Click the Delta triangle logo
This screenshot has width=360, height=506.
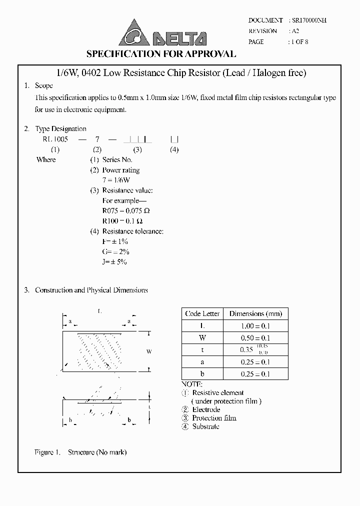click(x=133, y=33)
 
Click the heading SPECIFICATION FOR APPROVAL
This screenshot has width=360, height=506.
click(x=161, y=54)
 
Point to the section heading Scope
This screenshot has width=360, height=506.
click(x=43, y=86)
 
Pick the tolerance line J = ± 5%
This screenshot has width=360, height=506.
click(x=114, y=262)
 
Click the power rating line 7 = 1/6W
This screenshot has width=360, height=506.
click(x=116, y=180)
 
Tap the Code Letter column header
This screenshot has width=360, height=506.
click(x=202, y=314)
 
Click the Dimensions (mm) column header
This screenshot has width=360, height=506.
click(x=255, y=314)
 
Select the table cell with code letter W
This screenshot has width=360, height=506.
click(x=202, y=338)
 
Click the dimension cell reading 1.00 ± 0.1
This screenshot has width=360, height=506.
click(x=255, y=326)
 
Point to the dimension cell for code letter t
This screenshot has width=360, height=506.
click(x=255, y=350)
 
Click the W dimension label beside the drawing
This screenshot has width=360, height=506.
click(x=149, y=352)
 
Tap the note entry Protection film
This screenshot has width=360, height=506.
click(x=214, y=418)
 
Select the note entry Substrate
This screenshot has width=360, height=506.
click(x=205, y=426)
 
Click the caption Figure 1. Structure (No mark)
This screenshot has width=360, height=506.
click(x=80, y=452)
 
